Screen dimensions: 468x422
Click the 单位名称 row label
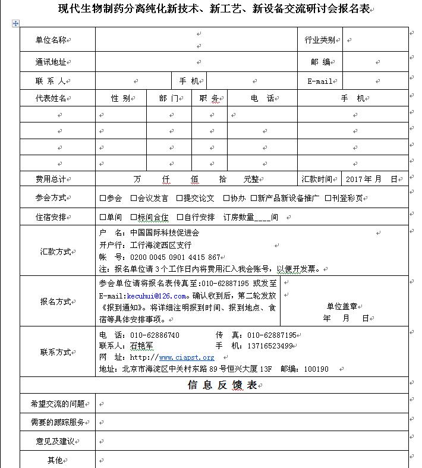[51, 40]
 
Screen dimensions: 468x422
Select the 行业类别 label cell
[319, 40]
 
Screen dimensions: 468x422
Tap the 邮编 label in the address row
[320, 62]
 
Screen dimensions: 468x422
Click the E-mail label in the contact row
[320, 81]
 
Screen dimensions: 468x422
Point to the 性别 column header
[120, 98]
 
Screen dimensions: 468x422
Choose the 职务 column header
[209, 98]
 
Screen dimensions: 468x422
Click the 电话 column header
[262, 98]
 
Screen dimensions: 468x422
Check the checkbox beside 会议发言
[133, 198]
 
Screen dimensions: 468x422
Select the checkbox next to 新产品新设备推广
[254, 198]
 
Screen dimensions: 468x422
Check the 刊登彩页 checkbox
[328, 198]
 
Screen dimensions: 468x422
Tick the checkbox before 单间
[103, 217]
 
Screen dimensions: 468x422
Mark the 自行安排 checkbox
[179, 217]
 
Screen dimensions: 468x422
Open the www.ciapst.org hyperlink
[186, 357]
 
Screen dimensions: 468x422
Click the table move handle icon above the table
[15, 23]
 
